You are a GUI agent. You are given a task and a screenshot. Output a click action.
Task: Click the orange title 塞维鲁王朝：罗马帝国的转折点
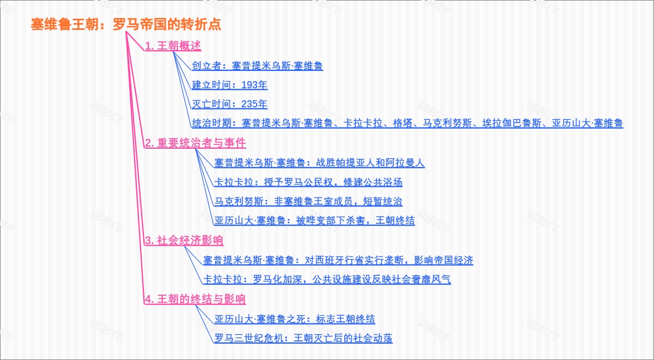coord(126,25)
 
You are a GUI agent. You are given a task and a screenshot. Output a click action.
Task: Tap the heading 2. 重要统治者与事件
coord(195,143)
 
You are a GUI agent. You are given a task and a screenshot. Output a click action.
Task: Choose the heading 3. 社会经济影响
coord(184,241)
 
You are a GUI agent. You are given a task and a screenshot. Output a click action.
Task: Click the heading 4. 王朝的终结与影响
coord(195,300)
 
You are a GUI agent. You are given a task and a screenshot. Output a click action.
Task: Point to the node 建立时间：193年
coord(229,85)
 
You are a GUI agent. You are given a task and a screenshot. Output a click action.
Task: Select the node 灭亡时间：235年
coord(229,104)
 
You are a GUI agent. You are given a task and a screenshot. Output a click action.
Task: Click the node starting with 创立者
coord(257,66)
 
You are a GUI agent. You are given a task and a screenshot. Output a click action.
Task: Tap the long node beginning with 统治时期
coord(407,124)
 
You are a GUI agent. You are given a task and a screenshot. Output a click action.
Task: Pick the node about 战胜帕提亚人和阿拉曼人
coord(319,163)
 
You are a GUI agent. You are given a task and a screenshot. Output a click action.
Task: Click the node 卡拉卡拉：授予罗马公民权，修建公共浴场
coord(308,182)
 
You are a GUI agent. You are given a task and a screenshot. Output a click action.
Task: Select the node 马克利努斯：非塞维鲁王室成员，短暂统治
coord(308,202)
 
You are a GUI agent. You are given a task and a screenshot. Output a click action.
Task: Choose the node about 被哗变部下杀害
coord(314,221)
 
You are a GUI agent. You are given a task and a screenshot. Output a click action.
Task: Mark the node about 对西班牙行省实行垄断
coord(338,260)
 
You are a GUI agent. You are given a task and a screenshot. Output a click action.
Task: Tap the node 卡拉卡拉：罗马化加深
coord(327,280)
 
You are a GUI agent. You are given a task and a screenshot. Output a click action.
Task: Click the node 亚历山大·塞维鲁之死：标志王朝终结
coord(294,319)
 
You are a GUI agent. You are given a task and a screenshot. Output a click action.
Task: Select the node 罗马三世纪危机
coord(303,339)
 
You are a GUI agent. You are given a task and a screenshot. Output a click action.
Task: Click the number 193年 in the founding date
coord(254,85)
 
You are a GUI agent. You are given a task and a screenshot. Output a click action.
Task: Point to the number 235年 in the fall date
coord(254,104)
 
